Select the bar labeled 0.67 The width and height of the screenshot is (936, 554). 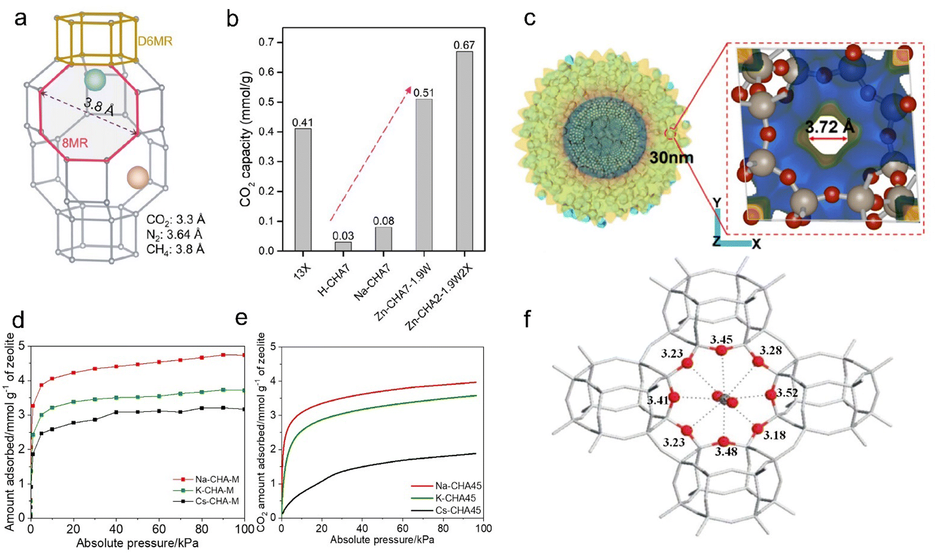tap(464, 151)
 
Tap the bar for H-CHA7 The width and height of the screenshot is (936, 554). tap(343, 246)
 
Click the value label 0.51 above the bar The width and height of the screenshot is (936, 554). tap(423, 93)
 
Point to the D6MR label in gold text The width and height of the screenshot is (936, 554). tap(155, 41)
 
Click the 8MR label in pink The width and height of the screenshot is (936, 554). tap(75, 143)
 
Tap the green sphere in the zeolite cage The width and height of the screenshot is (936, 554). tap(95, 80)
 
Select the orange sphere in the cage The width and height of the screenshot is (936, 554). tap(137, 177)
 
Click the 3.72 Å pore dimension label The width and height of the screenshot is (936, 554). tap(830, 127)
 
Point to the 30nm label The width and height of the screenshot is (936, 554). tap(671, 158)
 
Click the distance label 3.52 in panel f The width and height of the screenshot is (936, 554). tap(787, 393)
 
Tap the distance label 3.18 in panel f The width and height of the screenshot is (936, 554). tap(774, 435)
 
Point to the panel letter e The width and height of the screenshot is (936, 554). tap(241, 318)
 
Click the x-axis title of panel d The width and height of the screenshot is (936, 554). tap(137, 543)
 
